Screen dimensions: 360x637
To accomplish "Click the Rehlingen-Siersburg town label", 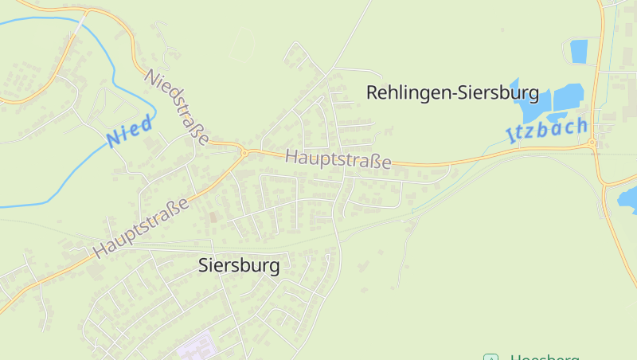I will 452,92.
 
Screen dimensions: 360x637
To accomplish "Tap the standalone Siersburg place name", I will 239,265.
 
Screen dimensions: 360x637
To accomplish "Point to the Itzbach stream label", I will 547,130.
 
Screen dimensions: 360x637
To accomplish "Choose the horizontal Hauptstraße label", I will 338,158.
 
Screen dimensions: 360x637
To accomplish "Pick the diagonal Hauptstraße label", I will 142,228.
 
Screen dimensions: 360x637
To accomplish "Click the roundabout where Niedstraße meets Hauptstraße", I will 244,151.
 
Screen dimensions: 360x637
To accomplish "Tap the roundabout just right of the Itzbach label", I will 592,143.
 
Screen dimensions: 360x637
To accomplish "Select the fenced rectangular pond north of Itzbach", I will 579,51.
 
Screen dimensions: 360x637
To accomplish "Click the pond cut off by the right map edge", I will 628,197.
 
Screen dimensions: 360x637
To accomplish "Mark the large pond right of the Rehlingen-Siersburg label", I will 568,97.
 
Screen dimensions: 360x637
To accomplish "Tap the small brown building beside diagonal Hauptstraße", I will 212,217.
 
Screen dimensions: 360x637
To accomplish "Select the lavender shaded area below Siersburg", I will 194,348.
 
